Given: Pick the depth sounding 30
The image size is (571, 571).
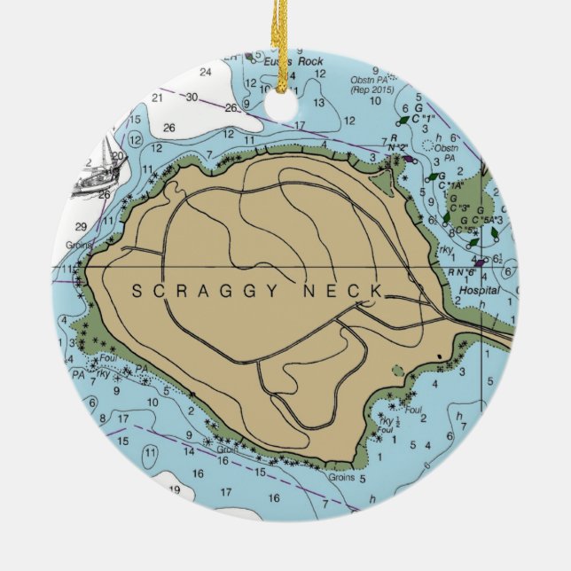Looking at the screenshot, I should (x=192, y=97).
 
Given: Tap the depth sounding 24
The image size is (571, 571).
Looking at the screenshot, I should (x=206, y=72).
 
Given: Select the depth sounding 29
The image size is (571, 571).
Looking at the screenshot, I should (x=82, y=226).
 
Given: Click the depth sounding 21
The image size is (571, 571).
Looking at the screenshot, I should (x=159, y=96).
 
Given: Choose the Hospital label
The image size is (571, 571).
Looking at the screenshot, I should (x=479, y=290).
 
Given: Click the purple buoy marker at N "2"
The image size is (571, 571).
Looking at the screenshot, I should (x=408, y=159).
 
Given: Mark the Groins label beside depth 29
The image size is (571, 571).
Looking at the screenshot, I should (x=78, y=244).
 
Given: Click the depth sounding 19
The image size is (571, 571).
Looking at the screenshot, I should (x=175, y=489).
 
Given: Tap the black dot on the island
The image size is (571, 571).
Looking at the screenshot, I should (x=439, y=356).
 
